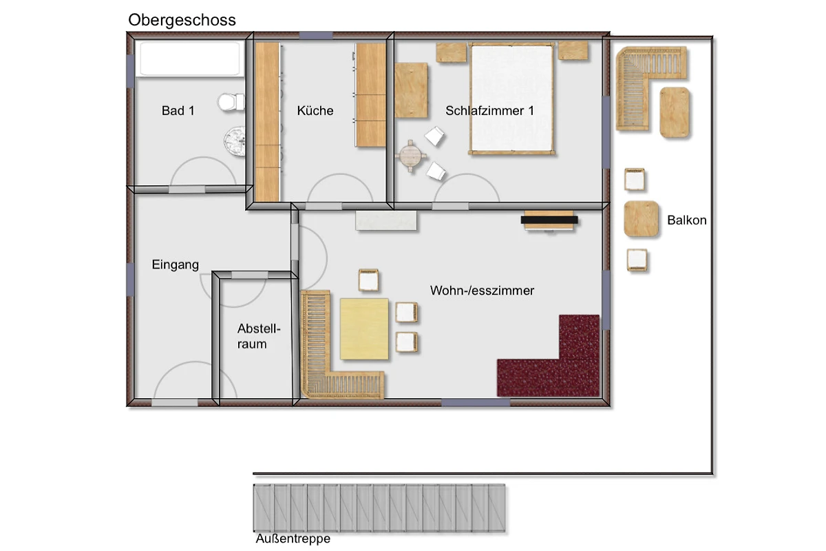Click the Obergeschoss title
182,21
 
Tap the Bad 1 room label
178,111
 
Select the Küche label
315,111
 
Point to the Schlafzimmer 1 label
489,111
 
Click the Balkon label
687,220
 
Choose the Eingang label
175,265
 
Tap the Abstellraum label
259,336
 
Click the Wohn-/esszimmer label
482,291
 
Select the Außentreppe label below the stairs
293,539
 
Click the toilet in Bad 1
231,102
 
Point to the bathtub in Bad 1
189,59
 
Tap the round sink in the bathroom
235,141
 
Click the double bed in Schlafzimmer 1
512,99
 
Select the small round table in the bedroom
410,156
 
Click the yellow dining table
364,329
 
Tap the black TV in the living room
549,220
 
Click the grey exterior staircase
379,508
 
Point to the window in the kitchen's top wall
316,35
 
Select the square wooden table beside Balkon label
642,218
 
